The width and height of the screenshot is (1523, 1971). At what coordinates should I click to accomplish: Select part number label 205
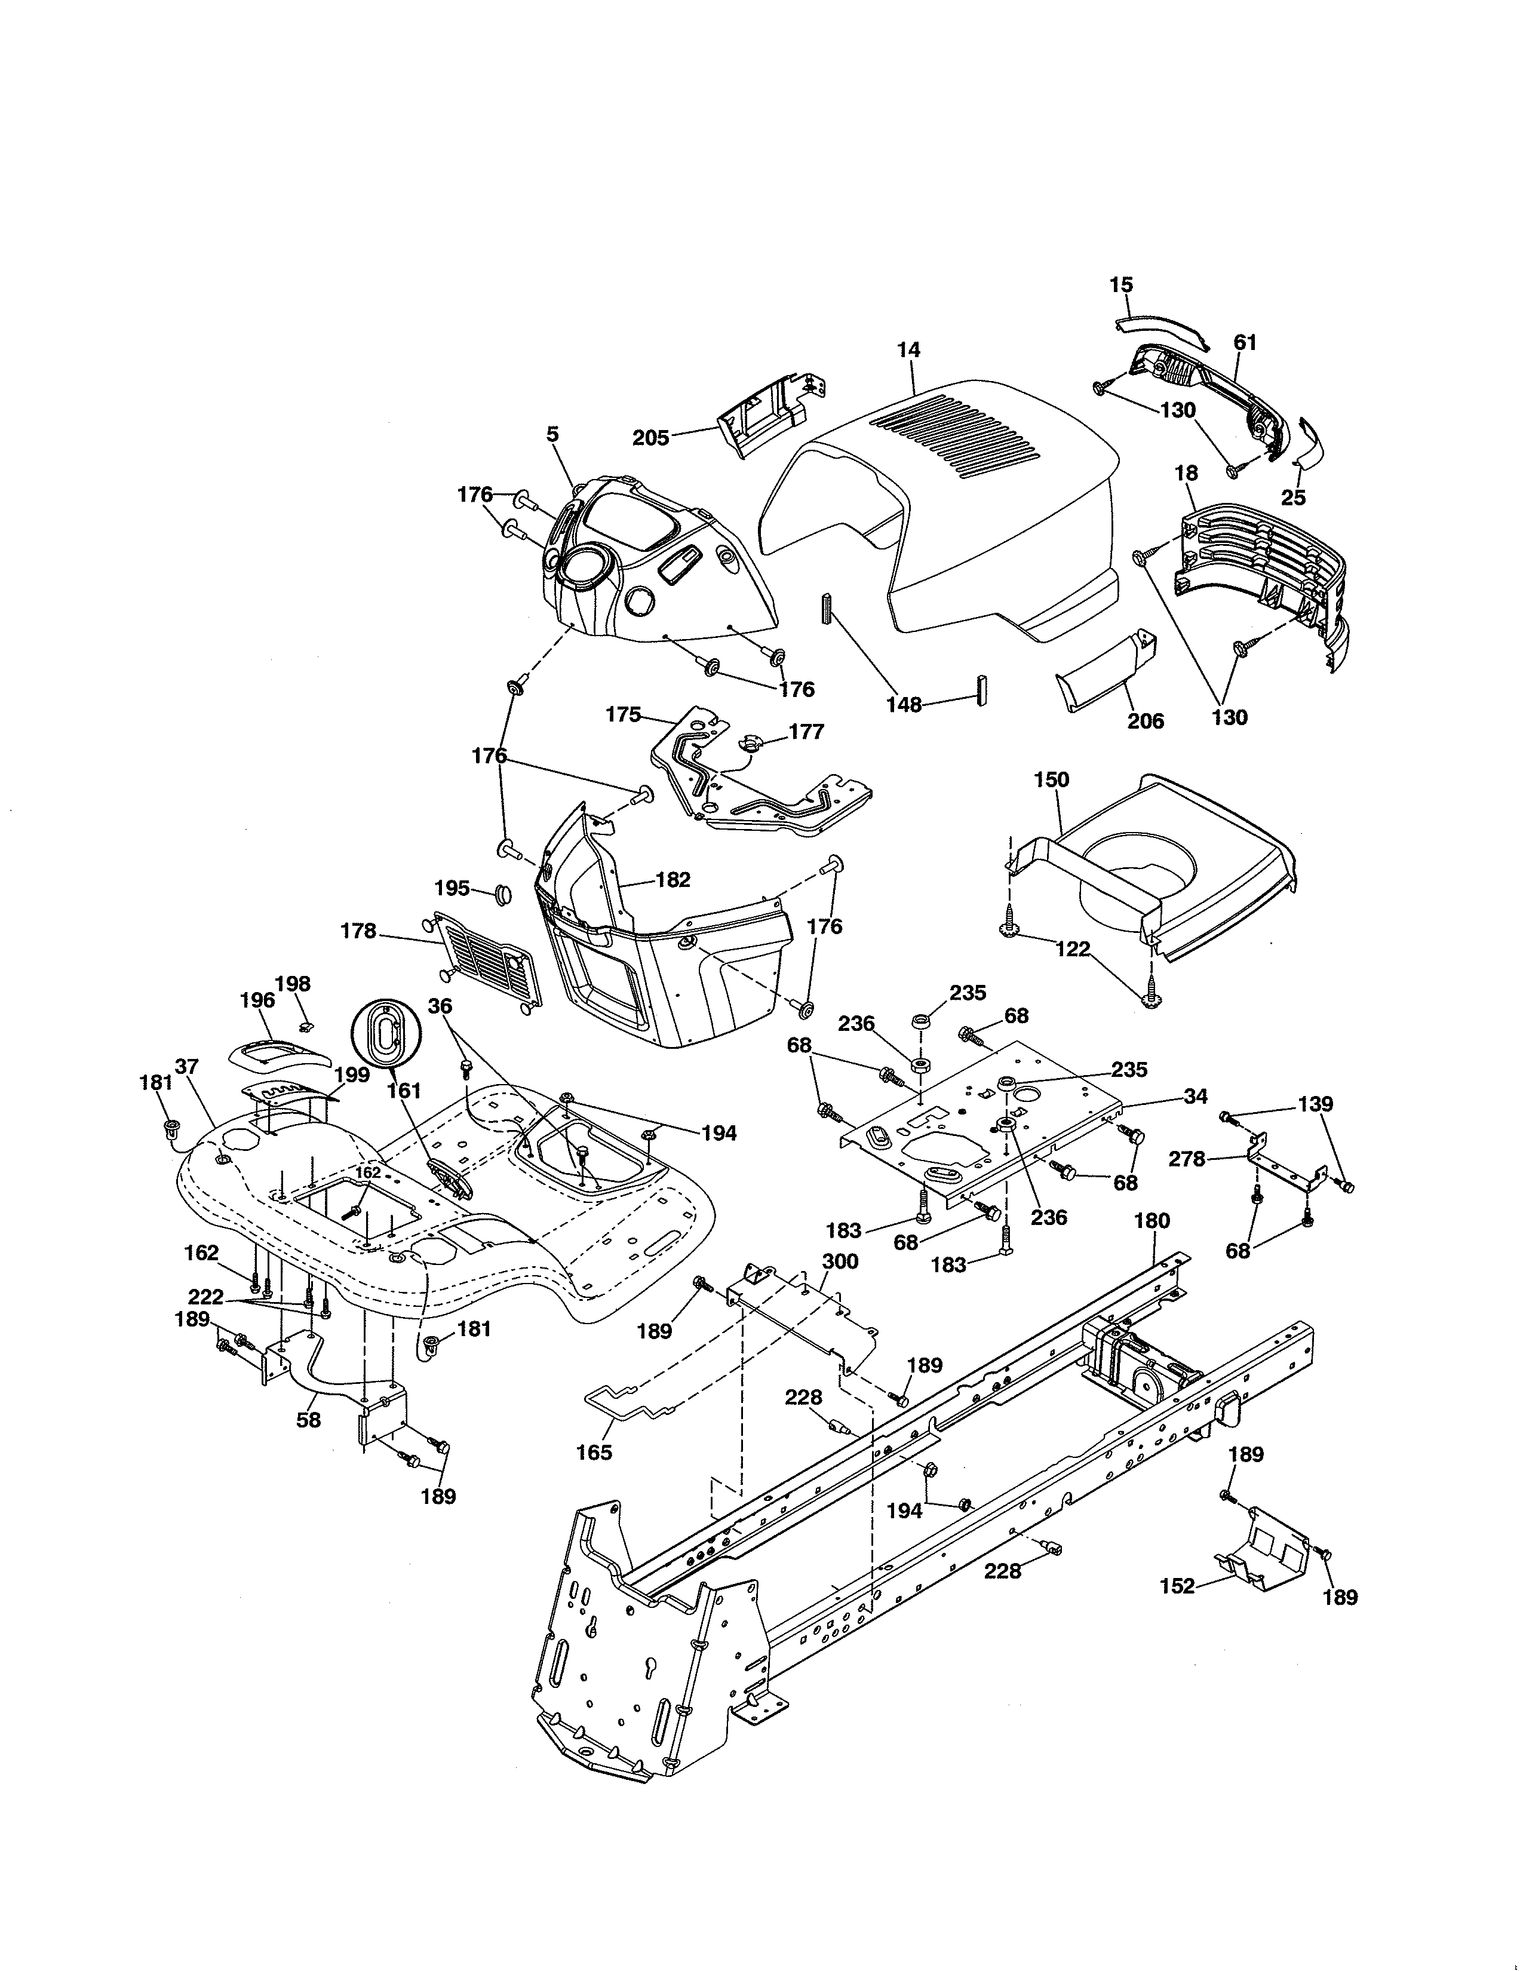point(650,438)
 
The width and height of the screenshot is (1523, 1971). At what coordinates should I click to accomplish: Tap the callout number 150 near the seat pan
point(1051,779)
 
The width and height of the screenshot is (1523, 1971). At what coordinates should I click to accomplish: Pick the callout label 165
point(594,1452)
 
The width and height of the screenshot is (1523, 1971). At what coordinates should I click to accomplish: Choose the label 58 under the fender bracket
point(309,1420)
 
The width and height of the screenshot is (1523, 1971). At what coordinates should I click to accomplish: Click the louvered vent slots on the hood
point(956,438)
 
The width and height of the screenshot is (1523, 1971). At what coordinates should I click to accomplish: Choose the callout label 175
point(622,715)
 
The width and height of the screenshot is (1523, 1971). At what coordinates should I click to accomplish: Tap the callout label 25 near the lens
point(1293,498)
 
